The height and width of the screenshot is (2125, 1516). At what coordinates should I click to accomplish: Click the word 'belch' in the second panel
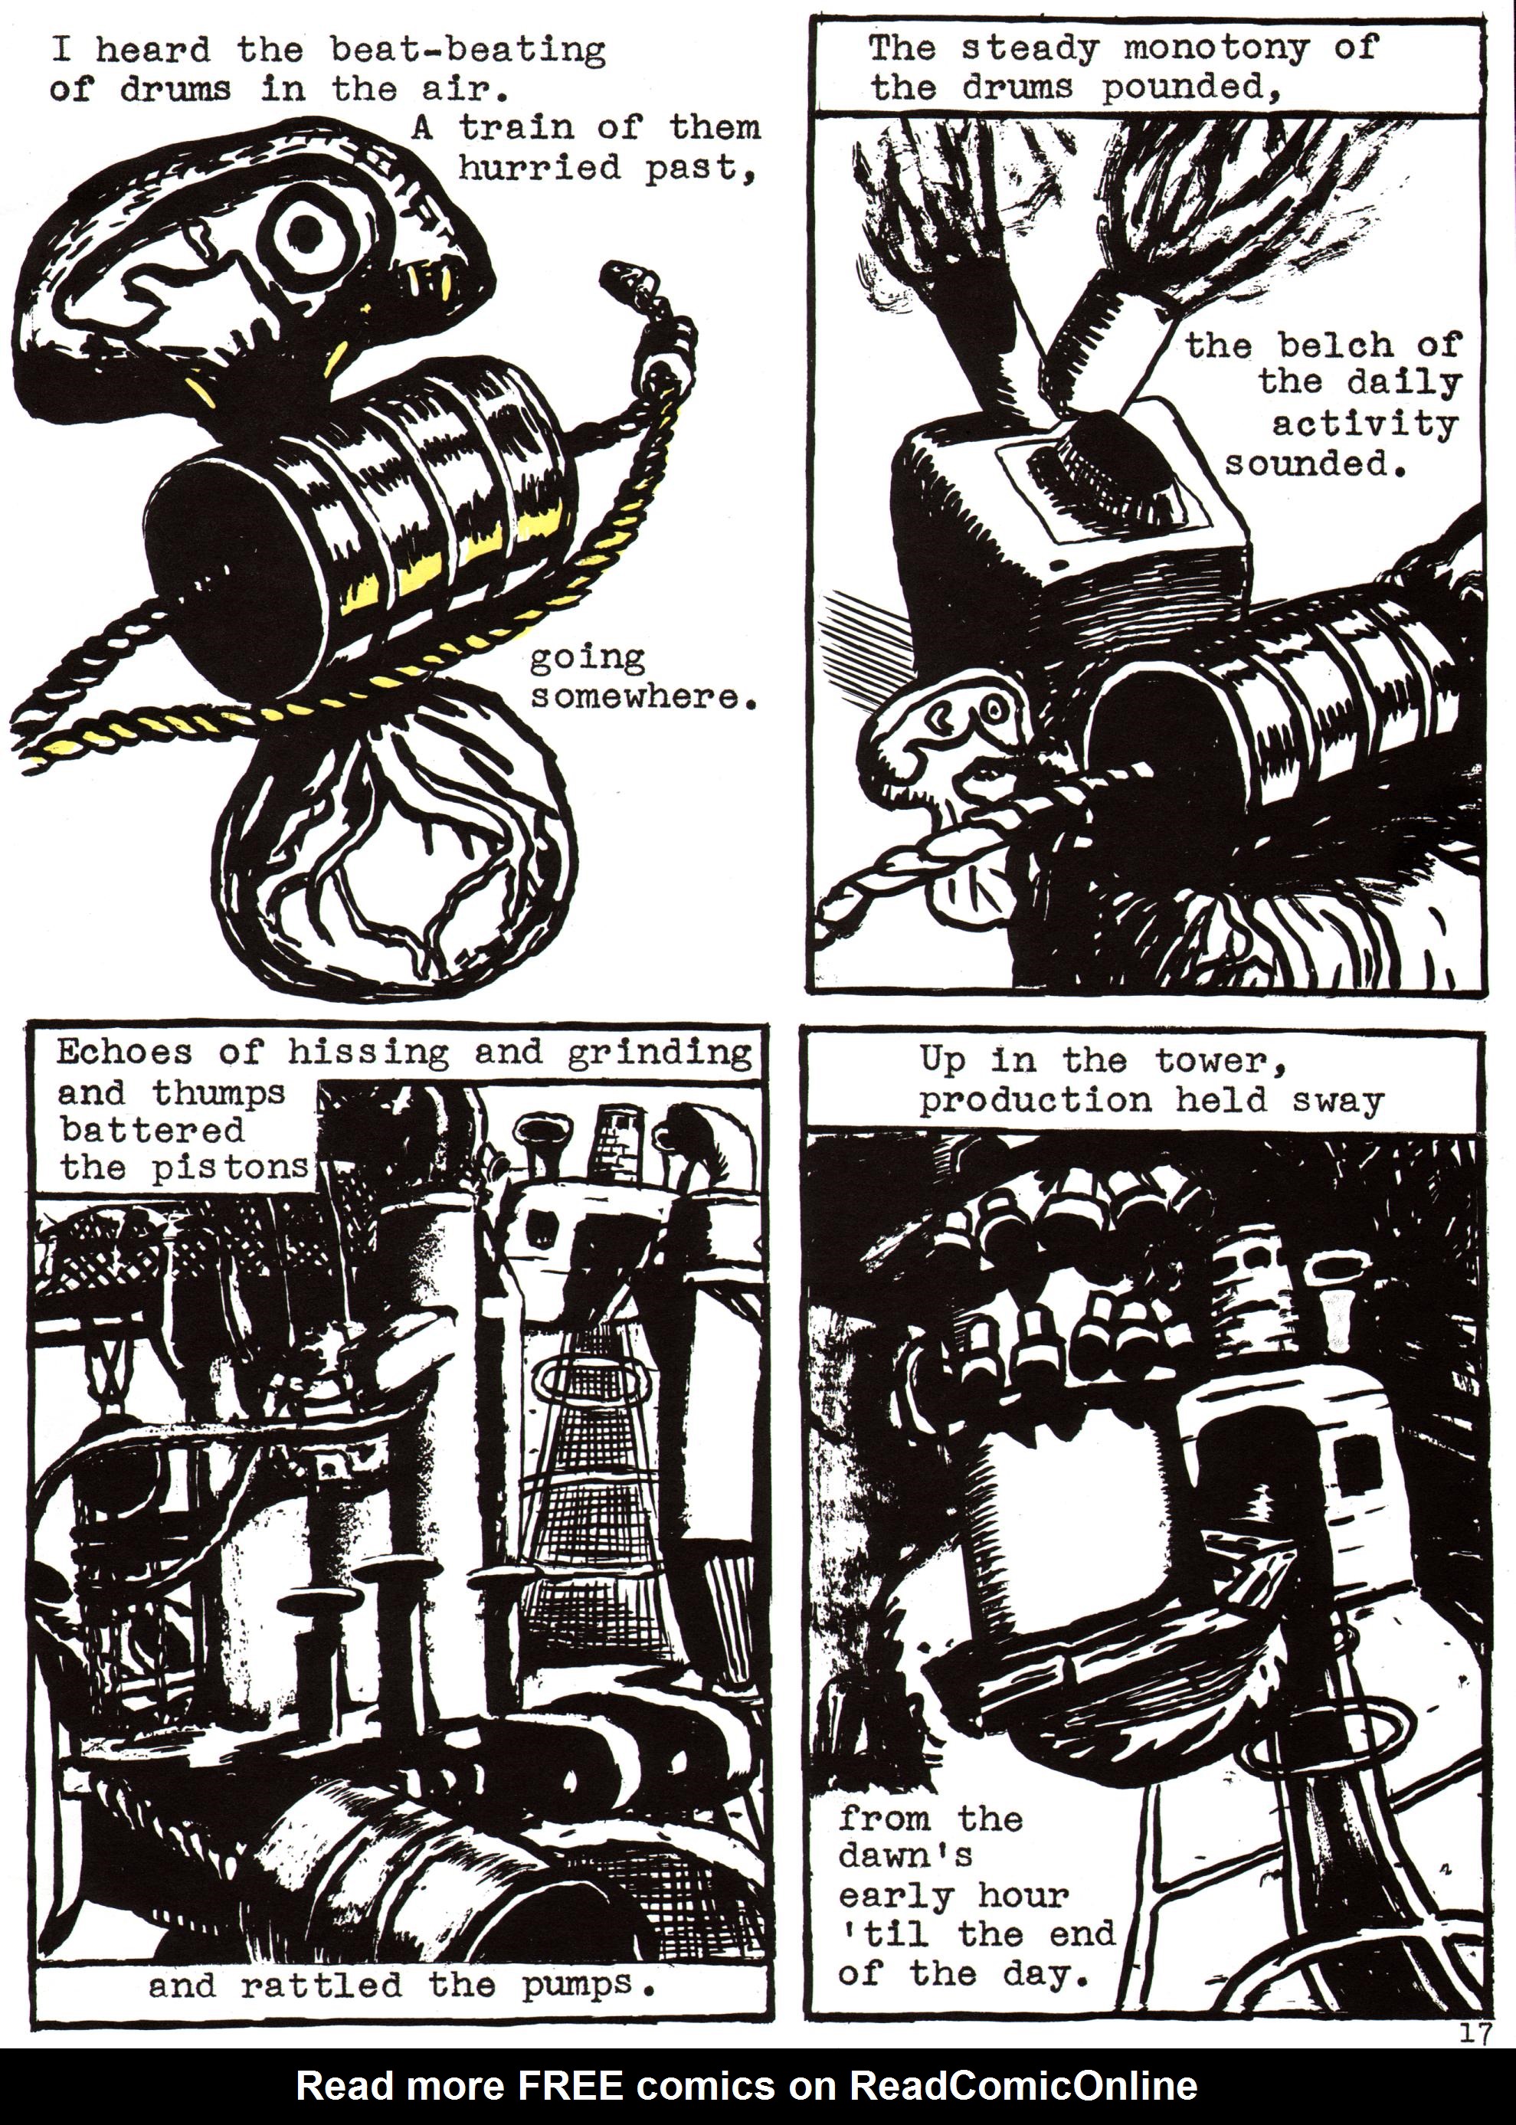[x=1337, y=345]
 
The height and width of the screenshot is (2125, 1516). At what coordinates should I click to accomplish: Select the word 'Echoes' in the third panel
[x=125, y=1053]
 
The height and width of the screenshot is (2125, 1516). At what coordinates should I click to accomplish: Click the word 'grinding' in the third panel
[x=659, y=1053]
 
